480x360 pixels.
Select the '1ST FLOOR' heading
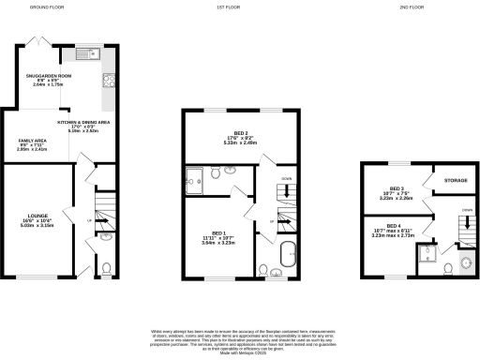pyautogui.click(x=243, y=7)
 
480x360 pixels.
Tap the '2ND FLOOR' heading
pyautogui.click(x=410, y=7)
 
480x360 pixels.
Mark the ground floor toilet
pyautogui.click(x=105, y=268)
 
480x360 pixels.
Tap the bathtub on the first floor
pyautogui.click(x=288, y=253)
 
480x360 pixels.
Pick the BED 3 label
pyautogui.click(x=396, y=190)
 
